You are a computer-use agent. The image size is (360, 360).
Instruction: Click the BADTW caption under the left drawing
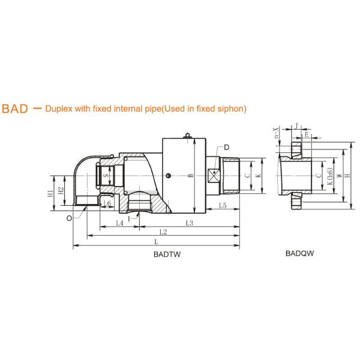[x=167, y=254]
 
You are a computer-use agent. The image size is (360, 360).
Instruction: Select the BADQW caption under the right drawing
[x=299, y=253]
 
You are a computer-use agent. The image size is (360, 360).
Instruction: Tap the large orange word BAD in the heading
[x=15, y=109]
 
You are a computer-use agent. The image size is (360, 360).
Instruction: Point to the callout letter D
[x=226, y=148]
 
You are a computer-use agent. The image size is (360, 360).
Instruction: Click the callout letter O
[x=69, y=218]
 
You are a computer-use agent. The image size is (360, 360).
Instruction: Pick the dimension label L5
[x=223, y=205]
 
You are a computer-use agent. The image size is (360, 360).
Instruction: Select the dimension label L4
[x=119, y=223]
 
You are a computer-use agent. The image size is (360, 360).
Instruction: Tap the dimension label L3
[x=190, y=223]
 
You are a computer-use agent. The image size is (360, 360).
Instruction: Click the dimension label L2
[x=163, y=232]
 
